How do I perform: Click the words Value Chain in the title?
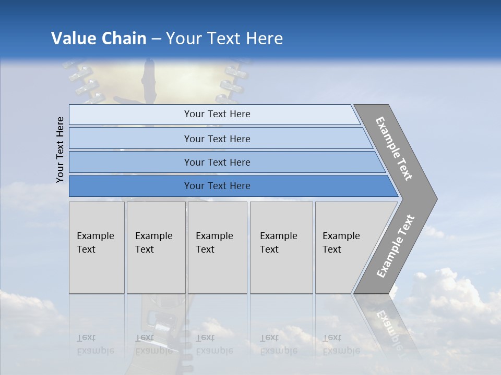[x=99, y=39]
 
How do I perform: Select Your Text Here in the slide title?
[x=224, y=39]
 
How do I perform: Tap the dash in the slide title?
[x=156, y=39]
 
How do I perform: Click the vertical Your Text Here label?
[x=60, y=149]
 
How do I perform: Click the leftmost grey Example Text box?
[x=97, y=247]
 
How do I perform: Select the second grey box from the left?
[x=156, y=247]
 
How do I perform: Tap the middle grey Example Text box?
[x=217, y=247]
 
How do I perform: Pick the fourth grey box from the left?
[x=281, y=247]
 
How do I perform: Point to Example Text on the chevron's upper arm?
[x=394, y=148]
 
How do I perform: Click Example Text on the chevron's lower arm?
[x=395, y=246]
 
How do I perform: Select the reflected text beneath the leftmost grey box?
[x=95, y=344]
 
